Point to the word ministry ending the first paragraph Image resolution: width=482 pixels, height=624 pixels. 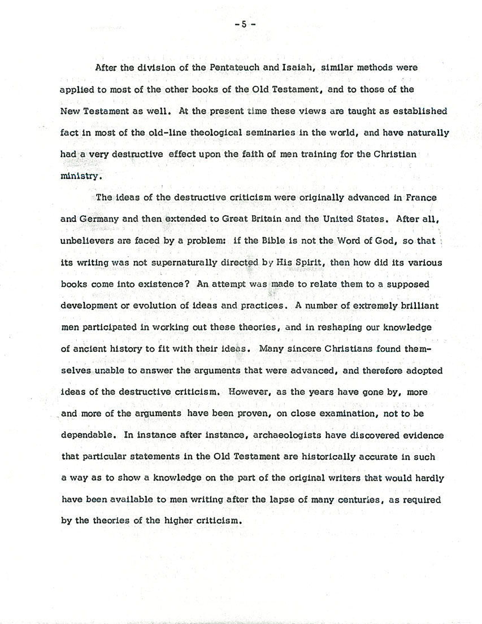pos(81,176)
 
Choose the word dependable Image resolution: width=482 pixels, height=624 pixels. pos(85,435)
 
